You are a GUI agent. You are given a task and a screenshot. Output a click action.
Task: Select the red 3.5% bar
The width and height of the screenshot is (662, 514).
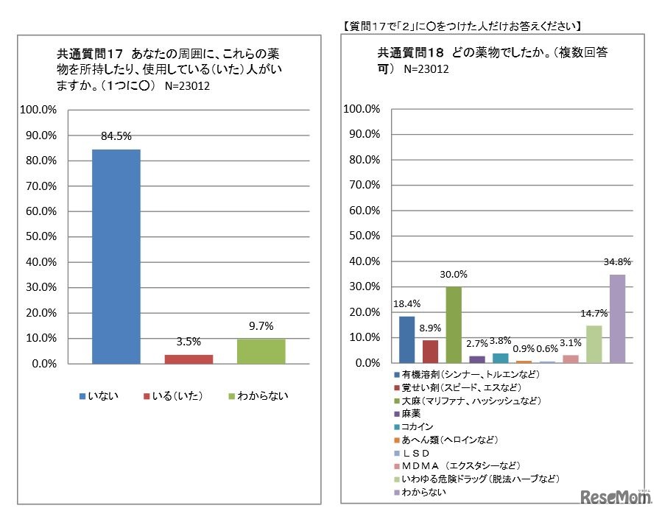pyautogui.click(x=189, y=359)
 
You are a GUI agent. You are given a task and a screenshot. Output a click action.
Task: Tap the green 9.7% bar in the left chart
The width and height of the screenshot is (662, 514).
pyautogui.click(x=261, y=351)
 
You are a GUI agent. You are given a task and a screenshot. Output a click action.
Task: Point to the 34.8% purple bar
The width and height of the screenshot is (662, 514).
pyautogui.click(x=617, y=319)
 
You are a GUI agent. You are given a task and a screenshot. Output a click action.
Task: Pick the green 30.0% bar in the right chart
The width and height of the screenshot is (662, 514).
pyautogui.click(x=454, y=325)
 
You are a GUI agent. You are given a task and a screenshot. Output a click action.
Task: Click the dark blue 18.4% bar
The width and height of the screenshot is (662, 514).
pyautogui.click(x=406, y=339)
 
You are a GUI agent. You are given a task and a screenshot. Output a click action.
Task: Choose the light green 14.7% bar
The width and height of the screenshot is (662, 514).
pyautogui.click(x=594, y=345)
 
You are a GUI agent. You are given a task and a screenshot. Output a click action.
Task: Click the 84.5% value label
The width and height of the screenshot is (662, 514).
pyautogui.click(x=116, y=135)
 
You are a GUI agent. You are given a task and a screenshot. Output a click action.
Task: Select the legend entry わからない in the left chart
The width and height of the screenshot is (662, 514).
pyautogui.click(x=258, y=396)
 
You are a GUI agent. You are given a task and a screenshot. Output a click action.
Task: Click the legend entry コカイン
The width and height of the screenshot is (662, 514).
pyautogui.click(x=417, y=426)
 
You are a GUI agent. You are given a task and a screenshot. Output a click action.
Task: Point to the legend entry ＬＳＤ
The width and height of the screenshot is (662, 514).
pyautogui.click(x=417, y=453)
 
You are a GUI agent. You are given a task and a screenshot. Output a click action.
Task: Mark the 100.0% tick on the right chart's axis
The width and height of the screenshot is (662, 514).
pyautogui.click(x=362, y=110)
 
